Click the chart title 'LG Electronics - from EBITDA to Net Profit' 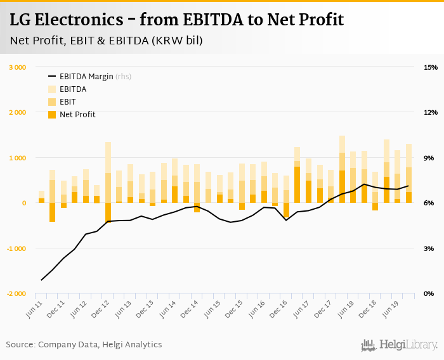click(x=177, y=20)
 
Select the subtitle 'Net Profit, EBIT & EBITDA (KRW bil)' click(x=107, y=41)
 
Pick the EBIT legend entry click(x=68, y=101)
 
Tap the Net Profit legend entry click(x=77, y=114)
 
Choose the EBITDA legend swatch click(x=52, y=89)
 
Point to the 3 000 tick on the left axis click(x=17, y=67)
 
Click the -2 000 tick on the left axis click(x=16, y=294)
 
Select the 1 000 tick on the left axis click(x=17, y=158)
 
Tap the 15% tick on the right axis click(x=431, y=67)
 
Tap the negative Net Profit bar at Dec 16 click(x=286, y=210)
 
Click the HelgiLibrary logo click(x=399, y=345)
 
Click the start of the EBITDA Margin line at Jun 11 click(x=42, y=280)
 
